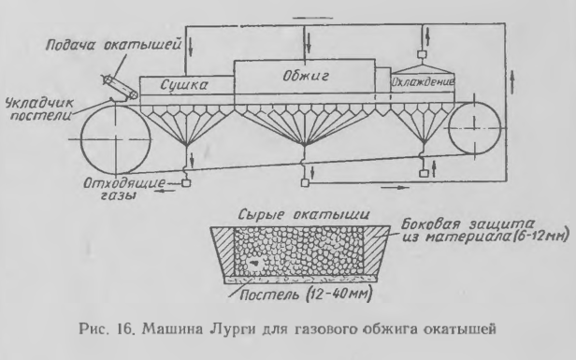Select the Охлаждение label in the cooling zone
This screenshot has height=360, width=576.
422,84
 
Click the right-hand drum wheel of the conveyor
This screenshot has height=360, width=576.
477,122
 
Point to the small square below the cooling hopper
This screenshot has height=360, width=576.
423,173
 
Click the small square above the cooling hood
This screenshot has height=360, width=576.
421,36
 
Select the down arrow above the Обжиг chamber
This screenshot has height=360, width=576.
306,40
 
